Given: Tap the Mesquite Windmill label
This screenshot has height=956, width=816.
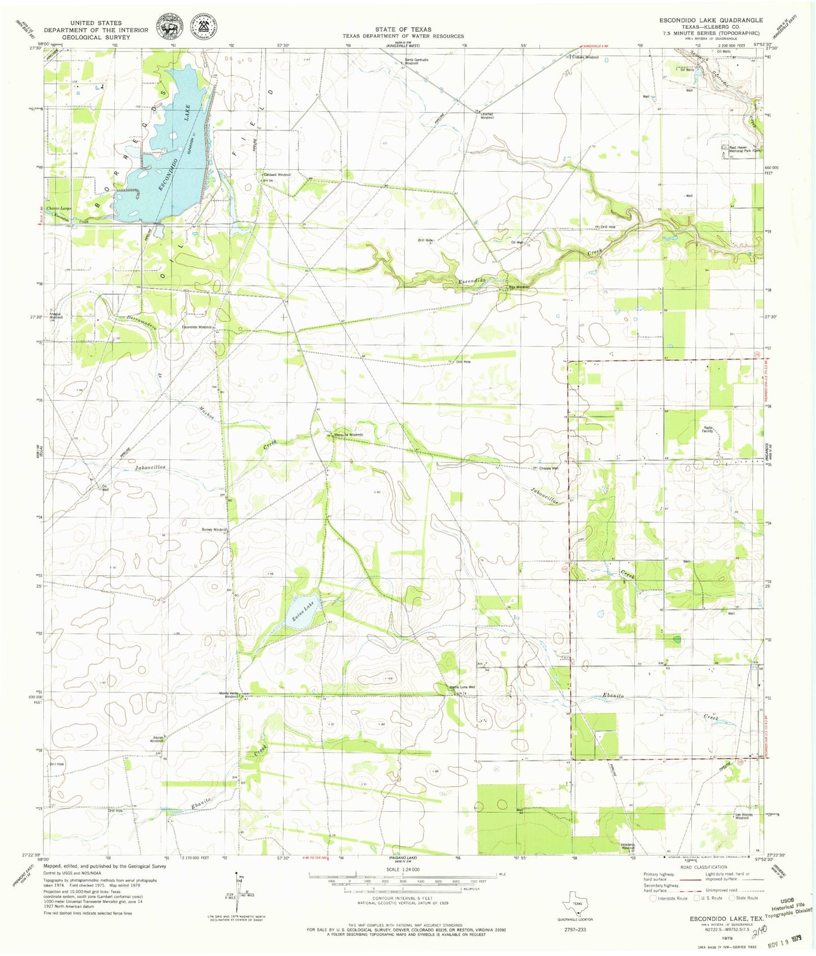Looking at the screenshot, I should (348, 435).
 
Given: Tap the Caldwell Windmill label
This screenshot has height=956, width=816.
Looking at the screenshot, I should (277, 175).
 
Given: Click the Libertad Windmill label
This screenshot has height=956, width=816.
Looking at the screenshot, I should (486, 115).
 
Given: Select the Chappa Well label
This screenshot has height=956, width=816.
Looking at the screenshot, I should (548, 468).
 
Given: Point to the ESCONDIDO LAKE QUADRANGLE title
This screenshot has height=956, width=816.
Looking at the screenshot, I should (711, 20).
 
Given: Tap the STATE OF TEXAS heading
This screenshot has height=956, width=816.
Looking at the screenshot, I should (403, 29).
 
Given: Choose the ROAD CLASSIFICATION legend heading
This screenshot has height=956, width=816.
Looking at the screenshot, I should (703, 867).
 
